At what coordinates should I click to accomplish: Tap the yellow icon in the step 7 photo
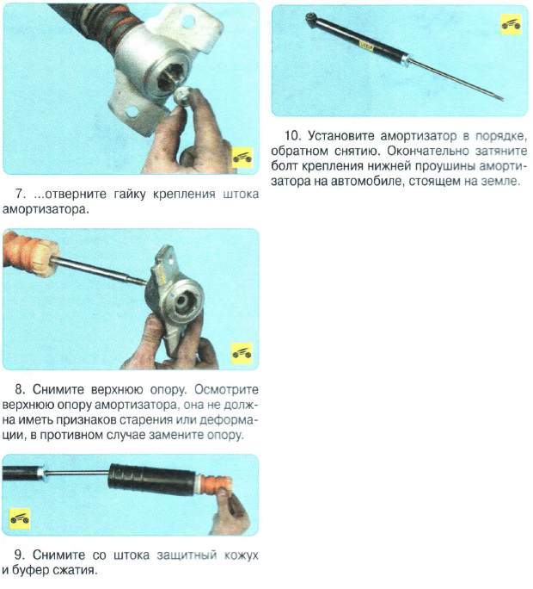pyautogui.click(x=242, y=158)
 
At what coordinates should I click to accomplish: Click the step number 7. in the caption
pyautogui.click(x=21, y=195)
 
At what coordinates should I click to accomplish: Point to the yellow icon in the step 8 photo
pyautogui.click(x=242, y=353)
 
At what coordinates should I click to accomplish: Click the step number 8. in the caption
pyautogui.click(x=21, y=389)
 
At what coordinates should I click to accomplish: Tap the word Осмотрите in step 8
pyautogui.click(x=227, y=389)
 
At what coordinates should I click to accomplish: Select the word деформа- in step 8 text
pyautogui.click(x=229, y=420)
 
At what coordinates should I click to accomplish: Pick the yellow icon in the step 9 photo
pyautogui.click(x=20, y=518)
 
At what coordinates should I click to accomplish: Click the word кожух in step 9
pyautogui.click(x=242, y=555)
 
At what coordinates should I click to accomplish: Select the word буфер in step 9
pyautogui.click(x=30, y=570)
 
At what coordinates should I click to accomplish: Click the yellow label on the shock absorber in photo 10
pyautogui.click(x=366, y=46)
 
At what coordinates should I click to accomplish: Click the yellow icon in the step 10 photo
pyautogui.click(x=511, y=25)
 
